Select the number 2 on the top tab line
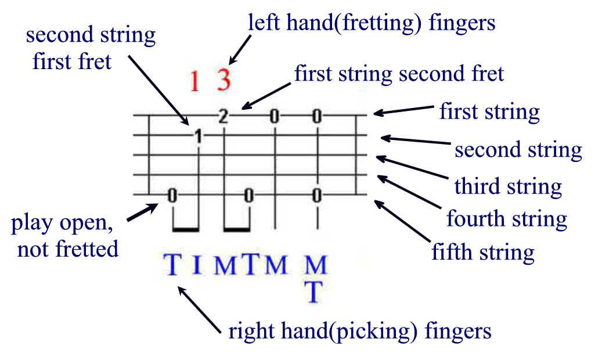(x=223, y=116)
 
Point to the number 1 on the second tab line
(x=198, y=136)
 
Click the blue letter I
(x=197, y=264)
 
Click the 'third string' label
(x=508, y=186)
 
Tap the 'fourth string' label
(x=507, y=219)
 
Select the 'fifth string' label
(x=483, y=253)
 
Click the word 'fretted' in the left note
(x=87, y=249)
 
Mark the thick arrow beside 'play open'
(x=142, y=213)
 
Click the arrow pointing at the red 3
(x=240, y=49)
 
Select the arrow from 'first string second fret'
(x=266, y=96)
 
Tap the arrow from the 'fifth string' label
(x=402, y=221)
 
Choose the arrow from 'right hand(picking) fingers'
(x=199, y=309)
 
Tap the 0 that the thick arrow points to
(x=172, y=196)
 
